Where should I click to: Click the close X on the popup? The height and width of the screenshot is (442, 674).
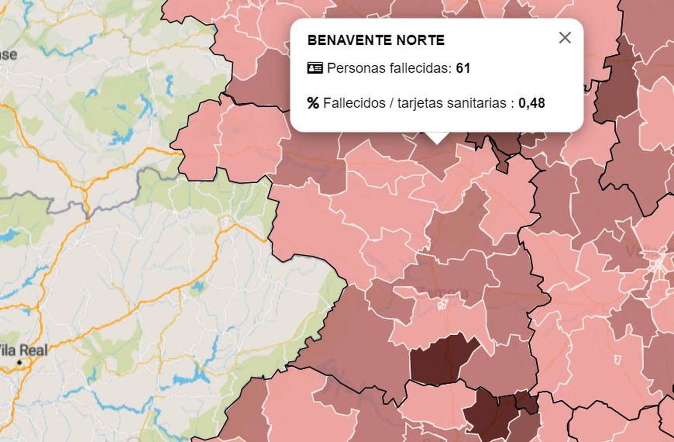click(x=564, y=38)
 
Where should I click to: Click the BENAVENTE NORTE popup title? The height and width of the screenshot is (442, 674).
click(x=376, y=40)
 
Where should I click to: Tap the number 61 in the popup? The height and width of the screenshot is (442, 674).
click(x=463, y=68)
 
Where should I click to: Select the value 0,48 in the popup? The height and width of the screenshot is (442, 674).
click(x=532, y=103)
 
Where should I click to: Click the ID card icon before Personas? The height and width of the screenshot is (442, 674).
click(x=315, y=68)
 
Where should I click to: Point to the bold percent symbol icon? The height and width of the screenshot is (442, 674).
click(x=313, y=103)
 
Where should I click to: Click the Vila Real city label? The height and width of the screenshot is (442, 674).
click(x=23, y=350)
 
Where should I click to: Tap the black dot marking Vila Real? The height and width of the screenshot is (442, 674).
click(x=19, y=363)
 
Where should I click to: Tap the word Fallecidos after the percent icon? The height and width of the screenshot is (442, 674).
click(x=354, y=103)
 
